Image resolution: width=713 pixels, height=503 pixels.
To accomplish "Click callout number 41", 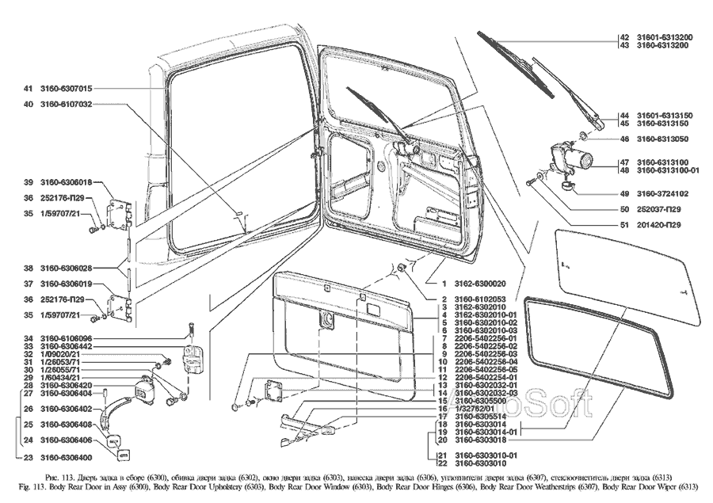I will [28, 89].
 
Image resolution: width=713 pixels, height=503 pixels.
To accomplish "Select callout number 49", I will [624, 193].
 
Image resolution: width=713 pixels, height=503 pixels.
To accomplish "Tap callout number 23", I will [28, 459].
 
